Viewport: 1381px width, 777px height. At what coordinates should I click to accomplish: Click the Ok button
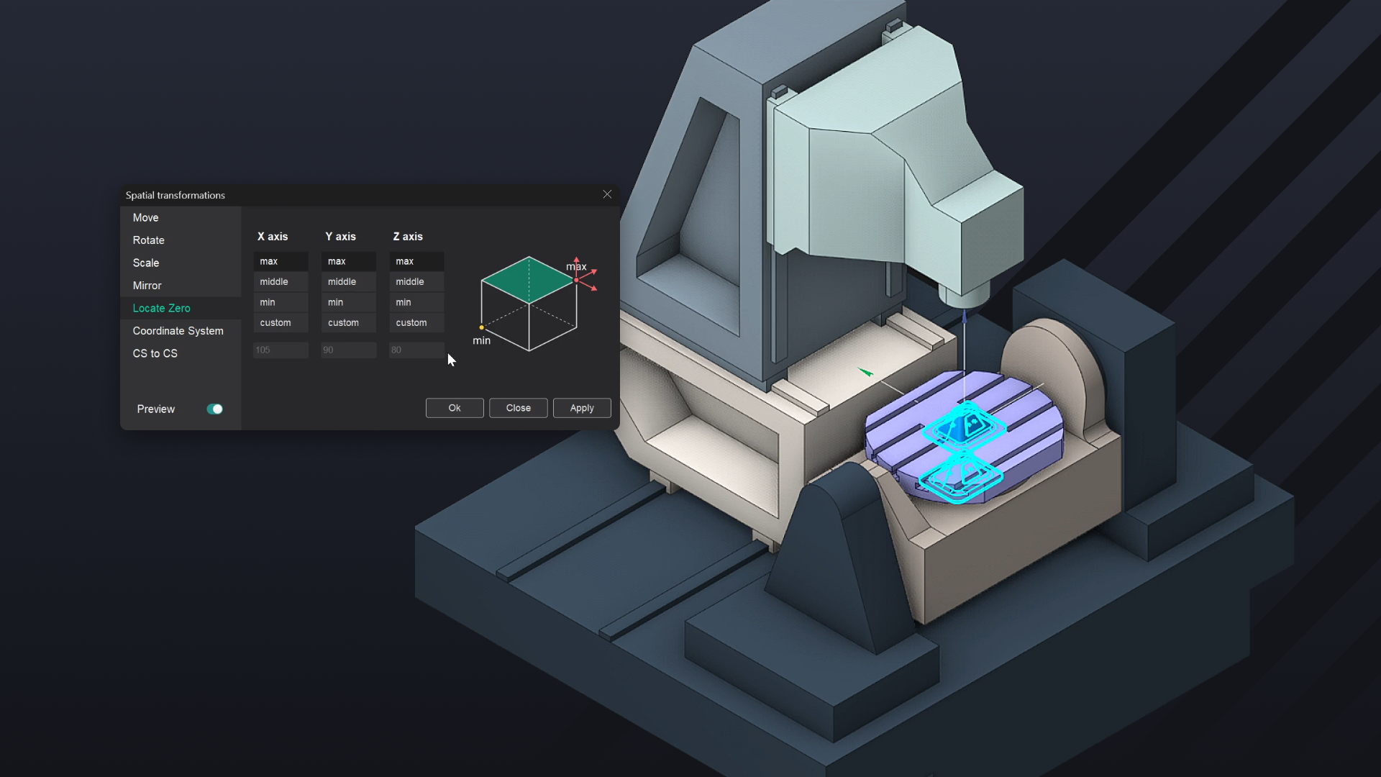coord(455,408)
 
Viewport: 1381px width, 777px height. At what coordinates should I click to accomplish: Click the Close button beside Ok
coord(519,408)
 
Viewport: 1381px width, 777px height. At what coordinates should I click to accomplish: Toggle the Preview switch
coord(214,409)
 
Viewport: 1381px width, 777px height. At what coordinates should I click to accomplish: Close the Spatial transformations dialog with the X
coord(607,194)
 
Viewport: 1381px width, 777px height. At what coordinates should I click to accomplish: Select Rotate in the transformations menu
coord(149,240)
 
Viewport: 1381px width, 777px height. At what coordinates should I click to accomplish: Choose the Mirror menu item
coord(147,286)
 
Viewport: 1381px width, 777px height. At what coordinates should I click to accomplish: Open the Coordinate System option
coord(178,331)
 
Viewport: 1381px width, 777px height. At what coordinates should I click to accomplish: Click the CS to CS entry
coord(155,353)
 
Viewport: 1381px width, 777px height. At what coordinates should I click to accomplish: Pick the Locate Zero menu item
coord(162,308)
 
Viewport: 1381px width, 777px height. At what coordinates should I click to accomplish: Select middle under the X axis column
coord(281,282)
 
